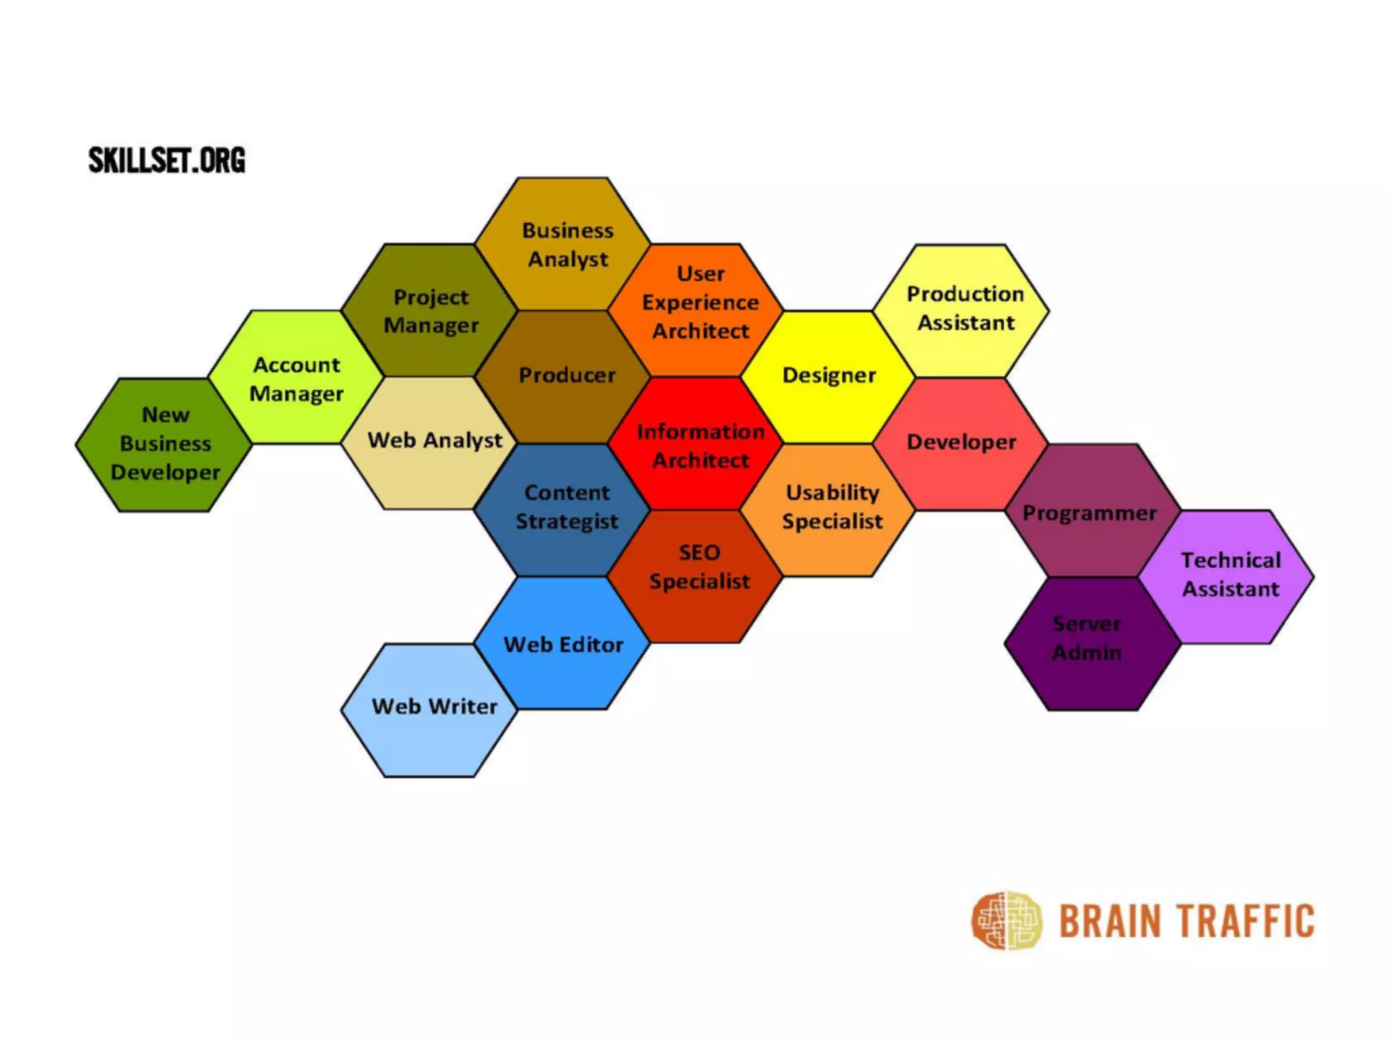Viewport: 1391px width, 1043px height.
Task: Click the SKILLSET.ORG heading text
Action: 166,160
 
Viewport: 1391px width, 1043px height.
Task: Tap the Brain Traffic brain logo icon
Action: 1006,921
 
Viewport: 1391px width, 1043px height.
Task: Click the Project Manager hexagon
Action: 430,310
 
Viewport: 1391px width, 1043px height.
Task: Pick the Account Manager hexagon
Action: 297,378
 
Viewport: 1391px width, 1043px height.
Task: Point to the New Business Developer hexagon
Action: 164,443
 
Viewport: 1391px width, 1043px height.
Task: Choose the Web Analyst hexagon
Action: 430,441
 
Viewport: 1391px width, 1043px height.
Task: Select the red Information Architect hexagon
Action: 696,445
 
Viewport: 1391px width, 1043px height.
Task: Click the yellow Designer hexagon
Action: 829,376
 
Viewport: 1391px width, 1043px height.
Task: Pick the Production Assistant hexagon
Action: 962,309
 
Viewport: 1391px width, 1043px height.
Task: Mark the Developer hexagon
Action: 960,442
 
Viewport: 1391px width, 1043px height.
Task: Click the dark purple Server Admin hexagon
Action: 1091,642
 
